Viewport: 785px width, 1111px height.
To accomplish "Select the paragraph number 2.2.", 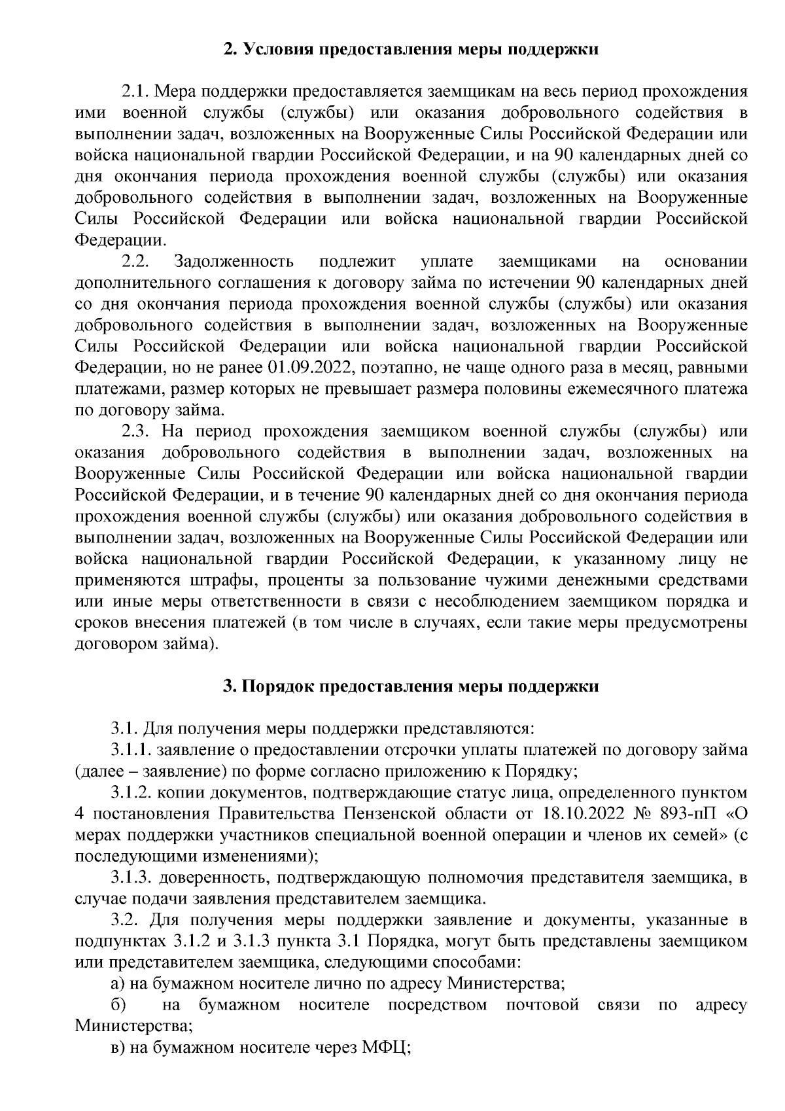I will pyautogui.click(x=136, y=262).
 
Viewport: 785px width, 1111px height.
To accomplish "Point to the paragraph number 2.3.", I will pyautogui.click(x=136, y=432).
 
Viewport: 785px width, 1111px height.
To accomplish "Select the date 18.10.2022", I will pyautogui.click(x=576, y=814).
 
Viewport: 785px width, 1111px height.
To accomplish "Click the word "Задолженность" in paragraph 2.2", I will pyautogui.click(x=234, y=262).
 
